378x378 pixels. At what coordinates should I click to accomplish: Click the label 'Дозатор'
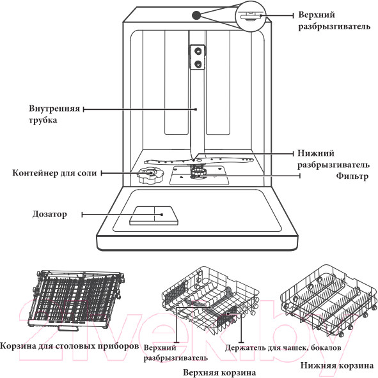point(49,215)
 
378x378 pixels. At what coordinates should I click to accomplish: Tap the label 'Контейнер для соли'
point(54,173)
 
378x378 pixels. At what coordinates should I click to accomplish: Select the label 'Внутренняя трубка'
point(54,114)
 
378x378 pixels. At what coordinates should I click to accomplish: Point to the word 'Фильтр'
point(352,176)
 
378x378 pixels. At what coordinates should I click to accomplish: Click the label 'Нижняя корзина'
point(336,365)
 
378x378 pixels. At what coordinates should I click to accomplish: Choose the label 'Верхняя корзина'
point(219,372)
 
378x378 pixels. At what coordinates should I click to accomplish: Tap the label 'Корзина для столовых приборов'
point(69,346)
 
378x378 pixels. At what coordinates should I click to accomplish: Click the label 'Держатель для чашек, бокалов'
point(283,347)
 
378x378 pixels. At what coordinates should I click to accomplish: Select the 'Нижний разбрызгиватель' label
point(333,159)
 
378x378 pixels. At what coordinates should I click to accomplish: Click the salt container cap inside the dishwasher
point(150,175)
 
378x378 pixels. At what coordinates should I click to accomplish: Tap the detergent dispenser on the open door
point(154,216)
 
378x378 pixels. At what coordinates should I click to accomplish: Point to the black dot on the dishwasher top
point(196,15)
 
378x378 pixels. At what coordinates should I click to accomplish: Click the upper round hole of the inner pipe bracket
point(198,51)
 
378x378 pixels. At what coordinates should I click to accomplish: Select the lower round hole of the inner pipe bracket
point(198,64)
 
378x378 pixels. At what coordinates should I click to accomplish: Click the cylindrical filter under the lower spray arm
point(198,172)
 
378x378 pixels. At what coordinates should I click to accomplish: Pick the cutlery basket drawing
point(75,300)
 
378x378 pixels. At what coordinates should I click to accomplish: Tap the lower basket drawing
point(329,301)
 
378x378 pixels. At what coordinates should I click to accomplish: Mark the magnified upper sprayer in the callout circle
point(251,17)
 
